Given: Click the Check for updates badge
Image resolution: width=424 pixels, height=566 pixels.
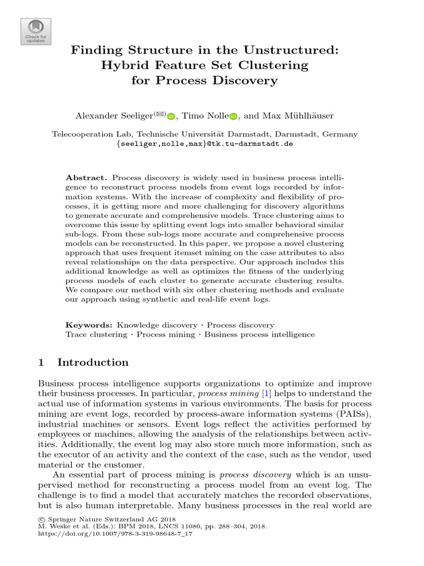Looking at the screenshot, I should (36, 32).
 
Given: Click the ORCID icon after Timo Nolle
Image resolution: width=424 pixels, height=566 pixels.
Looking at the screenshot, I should (233, 117).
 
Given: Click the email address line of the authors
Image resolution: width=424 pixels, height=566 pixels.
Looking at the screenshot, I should (204, 143).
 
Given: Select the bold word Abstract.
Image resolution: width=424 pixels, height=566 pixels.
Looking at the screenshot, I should (86, 177).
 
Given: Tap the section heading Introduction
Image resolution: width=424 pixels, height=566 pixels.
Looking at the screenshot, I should (93, 363).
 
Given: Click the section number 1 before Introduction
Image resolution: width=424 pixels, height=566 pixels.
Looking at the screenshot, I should (41, 363).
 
